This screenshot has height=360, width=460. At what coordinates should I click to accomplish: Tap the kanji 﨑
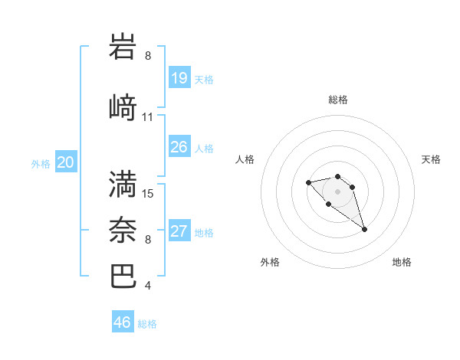pos(123,107)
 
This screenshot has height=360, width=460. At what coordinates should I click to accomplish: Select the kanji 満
pos(123,184)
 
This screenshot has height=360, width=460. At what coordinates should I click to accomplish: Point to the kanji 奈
pos(123,230)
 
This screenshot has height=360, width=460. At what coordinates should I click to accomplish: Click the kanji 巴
pos(123,277)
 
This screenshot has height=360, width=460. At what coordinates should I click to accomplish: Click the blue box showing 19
pos(179,77)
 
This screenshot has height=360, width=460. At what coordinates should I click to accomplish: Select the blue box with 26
pos(179,146)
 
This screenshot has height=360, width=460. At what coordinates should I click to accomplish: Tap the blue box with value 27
pos(179,231)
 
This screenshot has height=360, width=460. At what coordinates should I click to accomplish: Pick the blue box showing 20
pos(66,162)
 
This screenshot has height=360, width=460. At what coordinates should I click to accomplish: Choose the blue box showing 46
pos(123,322)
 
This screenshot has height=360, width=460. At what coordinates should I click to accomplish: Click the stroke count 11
pos(148,117)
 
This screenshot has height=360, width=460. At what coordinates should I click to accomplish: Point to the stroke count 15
pos(148,194)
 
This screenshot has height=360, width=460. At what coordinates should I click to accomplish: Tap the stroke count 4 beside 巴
pos(148,286)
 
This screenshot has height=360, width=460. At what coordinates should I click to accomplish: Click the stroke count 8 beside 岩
pos(148,56)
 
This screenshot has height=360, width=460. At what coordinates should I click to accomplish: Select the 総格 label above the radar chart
pos(338,100)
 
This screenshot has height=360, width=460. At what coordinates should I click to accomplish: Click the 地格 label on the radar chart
pos(402,262)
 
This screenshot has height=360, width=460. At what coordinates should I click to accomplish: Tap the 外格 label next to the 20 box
pos(41,163)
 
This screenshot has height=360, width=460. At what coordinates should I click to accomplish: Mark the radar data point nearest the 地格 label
pos(364,229)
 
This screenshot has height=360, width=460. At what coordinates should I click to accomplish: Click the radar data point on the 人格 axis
pos(308,182)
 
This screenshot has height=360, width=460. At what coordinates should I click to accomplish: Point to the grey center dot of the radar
pos(337,191)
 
